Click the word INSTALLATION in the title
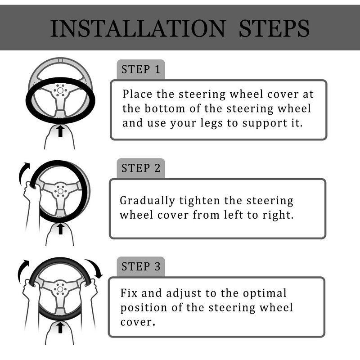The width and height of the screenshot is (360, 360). pos(138,28)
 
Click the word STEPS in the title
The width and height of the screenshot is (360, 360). pos(274,28)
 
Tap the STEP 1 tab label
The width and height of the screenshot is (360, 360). pos(141,69)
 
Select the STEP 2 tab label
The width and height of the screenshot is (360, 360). pos(141,168)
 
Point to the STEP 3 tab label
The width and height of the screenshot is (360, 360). pos(141,266)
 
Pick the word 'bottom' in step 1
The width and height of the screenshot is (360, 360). pos(165,108)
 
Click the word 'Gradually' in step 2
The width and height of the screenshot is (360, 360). pos(148,201)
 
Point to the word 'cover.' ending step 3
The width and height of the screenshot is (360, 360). pos(138,322)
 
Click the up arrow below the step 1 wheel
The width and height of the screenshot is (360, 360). pos(60,131)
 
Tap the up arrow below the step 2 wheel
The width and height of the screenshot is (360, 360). pos(60,229)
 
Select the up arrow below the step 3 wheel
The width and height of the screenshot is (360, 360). pos(60,328)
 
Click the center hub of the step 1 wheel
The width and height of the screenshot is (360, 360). pos(60,90)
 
